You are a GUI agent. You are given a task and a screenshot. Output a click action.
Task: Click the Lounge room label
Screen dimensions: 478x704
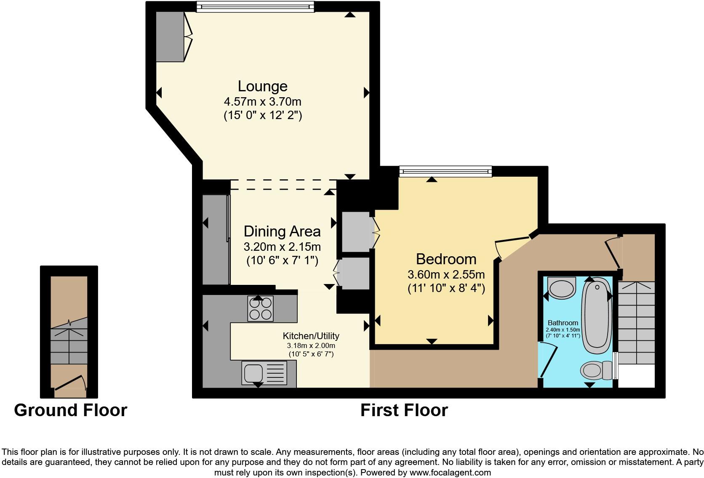tap(262, 86)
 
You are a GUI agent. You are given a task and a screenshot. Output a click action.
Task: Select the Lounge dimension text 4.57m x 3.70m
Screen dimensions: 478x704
tap(262, 102)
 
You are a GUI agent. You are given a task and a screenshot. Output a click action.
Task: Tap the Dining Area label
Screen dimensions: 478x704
tap(282, 231)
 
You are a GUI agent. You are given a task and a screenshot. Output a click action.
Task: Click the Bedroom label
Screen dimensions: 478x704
tap(446, 259)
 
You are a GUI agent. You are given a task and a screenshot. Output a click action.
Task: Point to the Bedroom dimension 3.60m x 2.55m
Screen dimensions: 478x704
tap(446, 275)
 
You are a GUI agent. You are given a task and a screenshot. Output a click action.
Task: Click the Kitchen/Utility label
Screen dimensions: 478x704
tap(311, 336)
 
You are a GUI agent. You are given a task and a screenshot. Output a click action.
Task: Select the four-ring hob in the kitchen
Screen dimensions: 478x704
tap(260, 308)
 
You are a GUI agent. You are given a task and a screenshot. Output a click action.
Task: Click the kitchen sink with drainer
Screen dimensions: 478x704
tap(264, 373)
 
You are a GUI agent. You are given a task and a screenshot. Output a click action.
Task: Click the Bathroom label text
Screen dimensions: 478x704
tap(563, 323)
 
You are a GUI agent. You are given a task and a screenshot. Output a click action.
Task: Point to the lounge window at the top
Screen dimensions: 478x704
tap(255, 6)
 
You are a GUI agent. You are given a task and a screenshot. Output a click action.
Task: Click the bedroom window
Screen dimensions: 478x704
tap(445, 171)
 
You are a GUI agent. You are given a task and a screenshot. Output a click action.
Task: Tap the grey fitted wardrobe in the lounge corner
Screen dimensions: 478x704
tap(170, 37)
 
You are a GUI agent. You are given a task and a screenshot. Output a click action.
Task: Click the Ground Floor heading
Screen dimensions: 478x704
tap(70, 410)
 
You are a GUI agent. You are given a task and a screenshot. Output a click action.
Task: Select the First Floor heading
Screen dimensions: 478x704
tap(404, 410)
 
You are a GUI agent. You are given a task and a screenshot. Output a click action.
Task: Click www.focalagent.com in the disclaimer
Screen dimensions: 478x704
tap(450, 473)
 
